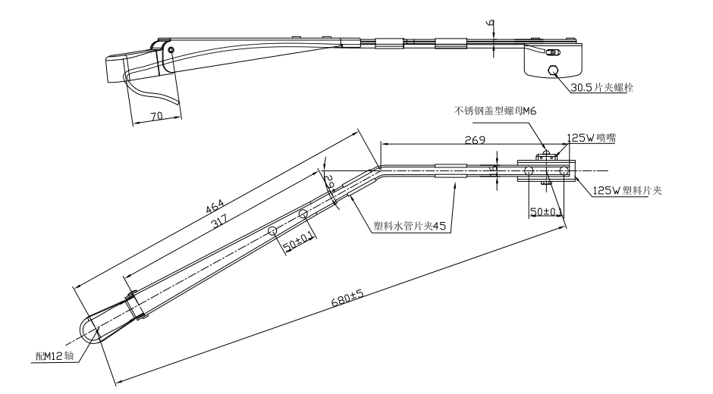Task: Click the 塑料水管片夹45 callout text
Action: [410, 225]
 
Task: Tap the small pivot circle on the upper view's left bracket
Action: [172, 50]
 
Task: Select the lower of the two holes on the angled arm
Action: [272, 230]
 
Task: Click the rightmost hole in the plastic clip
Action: [565, 171]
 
